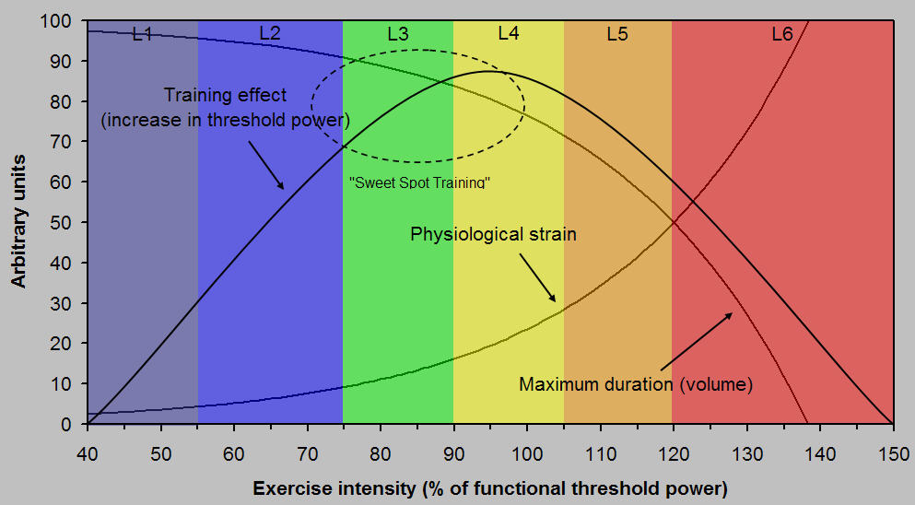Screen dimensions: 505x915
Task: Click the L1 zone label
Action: (x=142, y=34)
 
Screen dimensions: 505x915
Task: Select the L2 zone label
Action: (x=269, y=33)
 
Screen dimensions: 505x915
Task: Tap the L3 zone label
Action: (x=397, y=34)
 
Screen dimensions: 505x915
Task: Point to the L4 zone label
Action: (x=508, y=33)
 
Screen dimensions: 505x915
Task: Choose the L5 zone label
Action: (x=617, y=34)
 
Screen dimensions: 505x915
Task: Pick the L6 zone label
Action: (x=781, y=34)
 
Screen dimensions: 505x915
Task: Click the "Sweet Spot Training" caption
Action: (x=419, y=182)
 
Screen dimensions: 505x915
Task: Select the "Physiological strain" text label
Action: (x=493, y=234)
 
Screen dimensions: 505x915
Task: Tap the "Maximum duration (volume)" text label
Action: (x=636, y=384)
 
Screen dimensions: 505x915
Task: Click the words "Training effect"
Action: (x=226, y=95)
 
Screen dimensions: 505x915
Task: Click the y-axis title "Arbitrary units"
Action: (x=18, y=221)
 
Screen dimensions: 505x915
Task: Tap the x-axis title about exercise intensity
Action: (x=491, y=487)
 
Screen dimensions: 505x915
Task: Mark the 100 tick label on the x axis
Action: (x=526, y=454)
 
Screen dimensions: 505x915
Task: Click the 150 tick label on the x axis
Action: (x=892, y=454)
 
